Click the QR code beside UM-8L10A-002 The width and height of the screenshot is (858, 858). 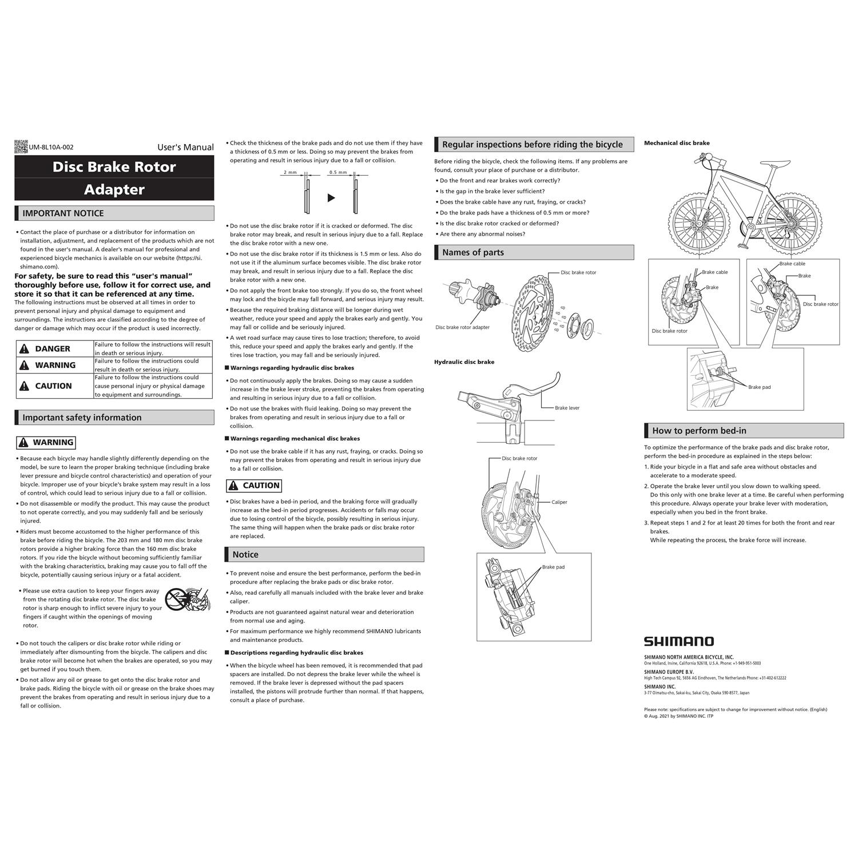pos(21,147)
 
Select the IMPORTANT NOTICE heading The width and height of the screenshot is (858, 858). pos(63,213)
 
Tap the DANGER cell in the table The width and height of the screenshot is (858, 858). pos(53,349)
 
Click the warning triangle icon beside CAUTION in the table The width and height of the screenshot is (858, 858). pos(24,386)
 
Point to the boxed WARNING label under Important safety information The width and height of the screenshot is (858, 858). pos(46,442)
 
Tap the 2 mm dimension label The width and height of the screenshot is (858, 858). pos(290,172)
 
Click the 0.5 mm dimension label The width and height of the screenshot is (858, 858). pos(337,172)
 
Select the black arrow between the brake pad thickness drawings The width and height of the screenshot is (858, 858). pos(331,198)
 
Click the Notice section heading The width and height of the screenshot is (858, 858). pos(245,554)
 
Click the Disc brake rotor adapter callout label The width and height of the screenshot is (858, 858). pos(462,328)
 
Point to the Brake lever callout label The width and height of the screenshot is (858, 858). pos(567,408)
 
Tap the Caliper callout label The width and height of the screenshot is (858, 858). pos(559,502)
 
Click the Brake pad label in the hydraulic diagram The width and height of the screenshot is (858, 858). pos(553,567)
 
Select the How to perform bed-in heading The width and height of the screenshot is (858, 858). pos(699,431)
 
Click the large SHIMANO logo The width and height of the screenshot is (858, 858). pos(678,641)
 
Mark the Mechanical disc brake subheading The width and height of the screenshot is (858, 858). pos(677,143)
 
